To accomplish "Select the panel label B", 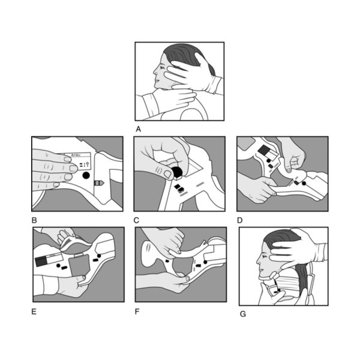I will [x=34, y=220].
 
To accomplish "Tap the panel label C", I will [x=136, y=220].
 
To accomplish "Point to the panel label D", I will [x=240, y=220].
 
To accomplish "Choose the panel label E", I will [x=34, y=311].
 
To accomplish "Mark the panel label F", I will [x=137, y=311].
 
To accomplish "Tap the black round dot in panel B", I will [x=85, y=176].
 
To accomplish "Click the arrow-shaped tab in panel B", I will [x=98, y=182].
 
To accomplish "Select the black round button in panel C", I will [x=178, y=173].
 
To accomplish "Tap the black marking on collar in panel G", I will [x=278, y=289].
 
